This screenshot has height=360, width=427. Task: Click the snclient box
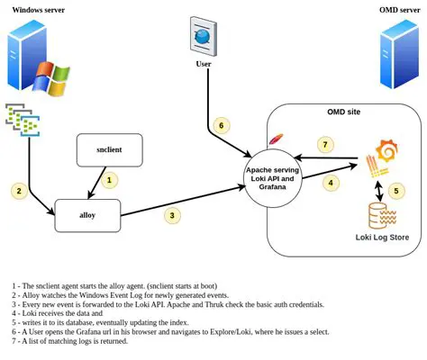click(110, 149)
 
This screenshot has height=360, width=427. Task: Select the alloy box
click(87, 217)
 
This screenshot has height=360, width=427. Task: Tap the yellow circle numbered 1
click(110, 180)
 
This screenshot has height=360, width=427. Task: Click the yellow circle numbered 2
click(17, 190)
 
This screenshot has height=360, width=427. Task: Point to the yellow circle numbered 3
click(172, 216)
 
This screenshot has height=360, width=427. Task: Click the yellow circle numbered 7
click(327, 144)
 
